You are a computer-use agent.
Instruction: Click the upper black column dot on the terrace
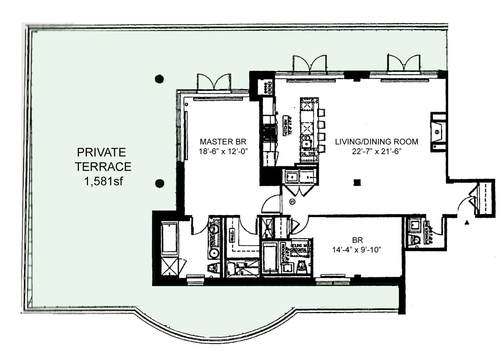pyautogui.click(x=159, y=78)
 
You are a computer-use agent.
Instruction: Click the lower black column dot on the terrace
pyautogui.click(x=159, y=183)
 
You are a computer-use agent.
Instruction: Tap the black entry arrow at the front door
pyautogui.click(x=467, y=223)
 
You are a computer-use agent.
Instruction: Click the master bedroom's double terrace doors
pyautogui.click(x=213, y=82)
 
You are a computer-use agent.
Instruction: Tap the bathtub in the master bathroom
pyautogui.click(x=169, y=239)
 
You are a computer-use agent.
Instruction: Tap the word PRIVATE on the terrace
pyautogui.click(x=101, y=152)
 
